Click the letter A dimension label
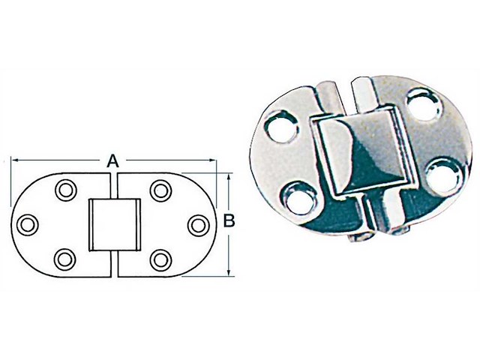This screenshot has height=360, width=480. pyautogui.click(x=112, y=160)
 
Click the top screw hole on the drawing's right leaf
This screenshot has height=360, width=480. pyautogui.click(x=160, y=189)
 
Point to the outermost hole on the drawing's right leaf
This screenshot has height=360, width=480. pyautogui.click(x=196, y=223)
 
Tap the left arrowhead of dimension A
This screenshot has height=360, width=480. pyautogui.click(x=14, y=160)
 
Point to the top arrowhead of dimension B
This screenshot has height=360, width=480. pyautogui.click(x=229, y=177)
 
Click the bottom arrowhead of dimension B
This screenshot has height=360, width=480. pyautogui.click(x=229, y=271)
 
